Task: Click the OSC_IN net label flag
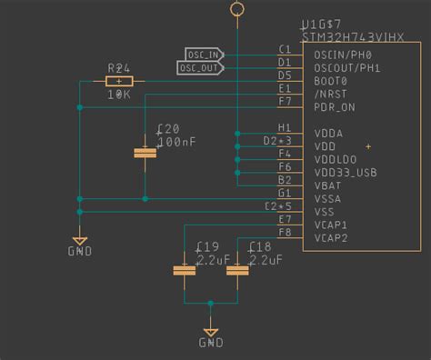pos(205,55)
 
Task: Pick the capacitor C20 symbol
pos(145,153)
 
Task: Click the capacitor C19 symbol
pos(185,270)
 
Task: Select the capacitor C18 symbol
pos(237,270)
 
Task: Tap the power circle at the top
pos(237,9)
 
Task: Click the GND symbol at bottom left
pos(80,245)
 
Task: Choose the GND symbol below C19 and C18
pos(211,333)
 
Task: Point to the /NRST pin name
pos(333,94)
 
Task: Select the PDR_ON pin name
pos(336,106)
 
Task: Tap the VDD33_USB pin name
pos(346,172)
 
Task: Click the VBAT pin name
pos(329,185)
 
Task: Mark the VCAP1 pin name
pos(331,225)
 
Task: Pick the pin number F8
pos(285,233)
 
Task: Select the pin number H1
pos(285,127)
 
